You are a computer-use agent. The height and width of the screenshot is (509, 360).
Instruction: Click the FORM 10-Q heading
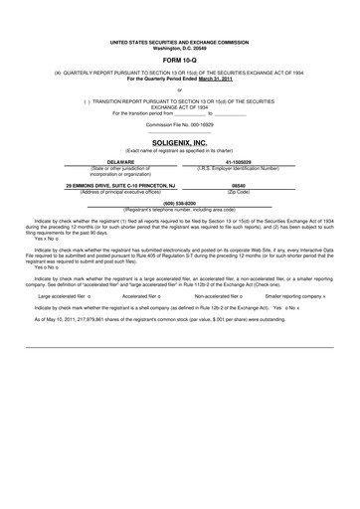click(x=179, y=61)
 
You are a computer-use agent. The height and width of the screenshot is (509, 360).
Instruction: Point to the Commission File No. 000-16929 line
click(x=179, y=125)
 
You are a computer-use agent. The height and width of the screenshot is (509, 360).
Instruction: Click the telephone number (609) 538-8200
click(x=179, y=203)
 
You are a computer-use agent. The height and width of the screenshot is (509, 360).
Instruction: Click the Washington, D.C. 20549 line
click(x=179, y=49)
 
